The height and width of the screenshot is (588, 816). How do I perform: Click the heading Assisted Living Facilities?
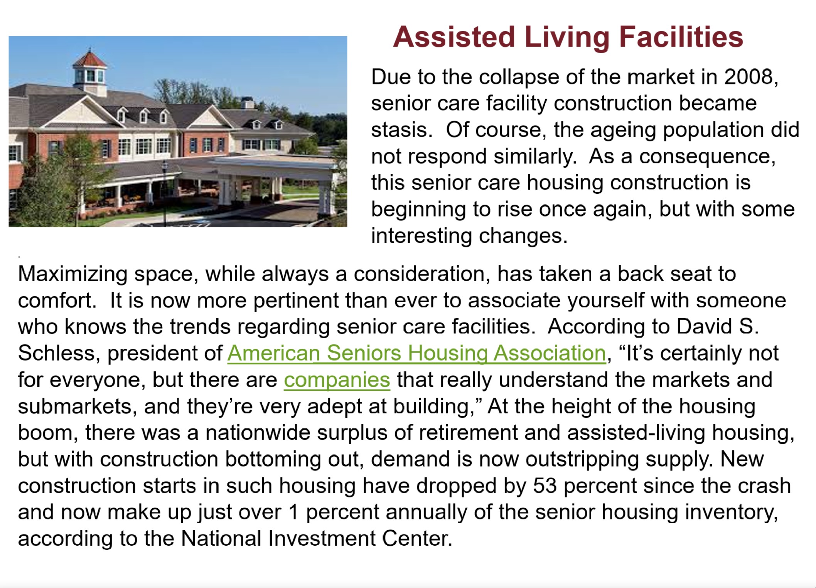[568, 37]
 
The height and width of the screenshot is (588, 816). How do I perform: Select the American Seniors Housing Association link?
[416, 353]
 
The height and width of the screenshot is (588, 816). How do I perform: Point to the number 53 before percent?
[545, 486]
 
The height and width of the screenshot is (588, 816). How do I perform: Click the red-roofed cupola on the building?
[90, 72]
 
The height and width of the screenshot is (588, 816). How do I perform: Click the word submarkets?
[74, 407]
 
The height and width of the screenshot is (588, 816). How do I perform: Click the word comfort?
[54, 301]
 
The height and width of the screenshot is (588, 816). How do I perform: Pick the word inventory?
[731, 513]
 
